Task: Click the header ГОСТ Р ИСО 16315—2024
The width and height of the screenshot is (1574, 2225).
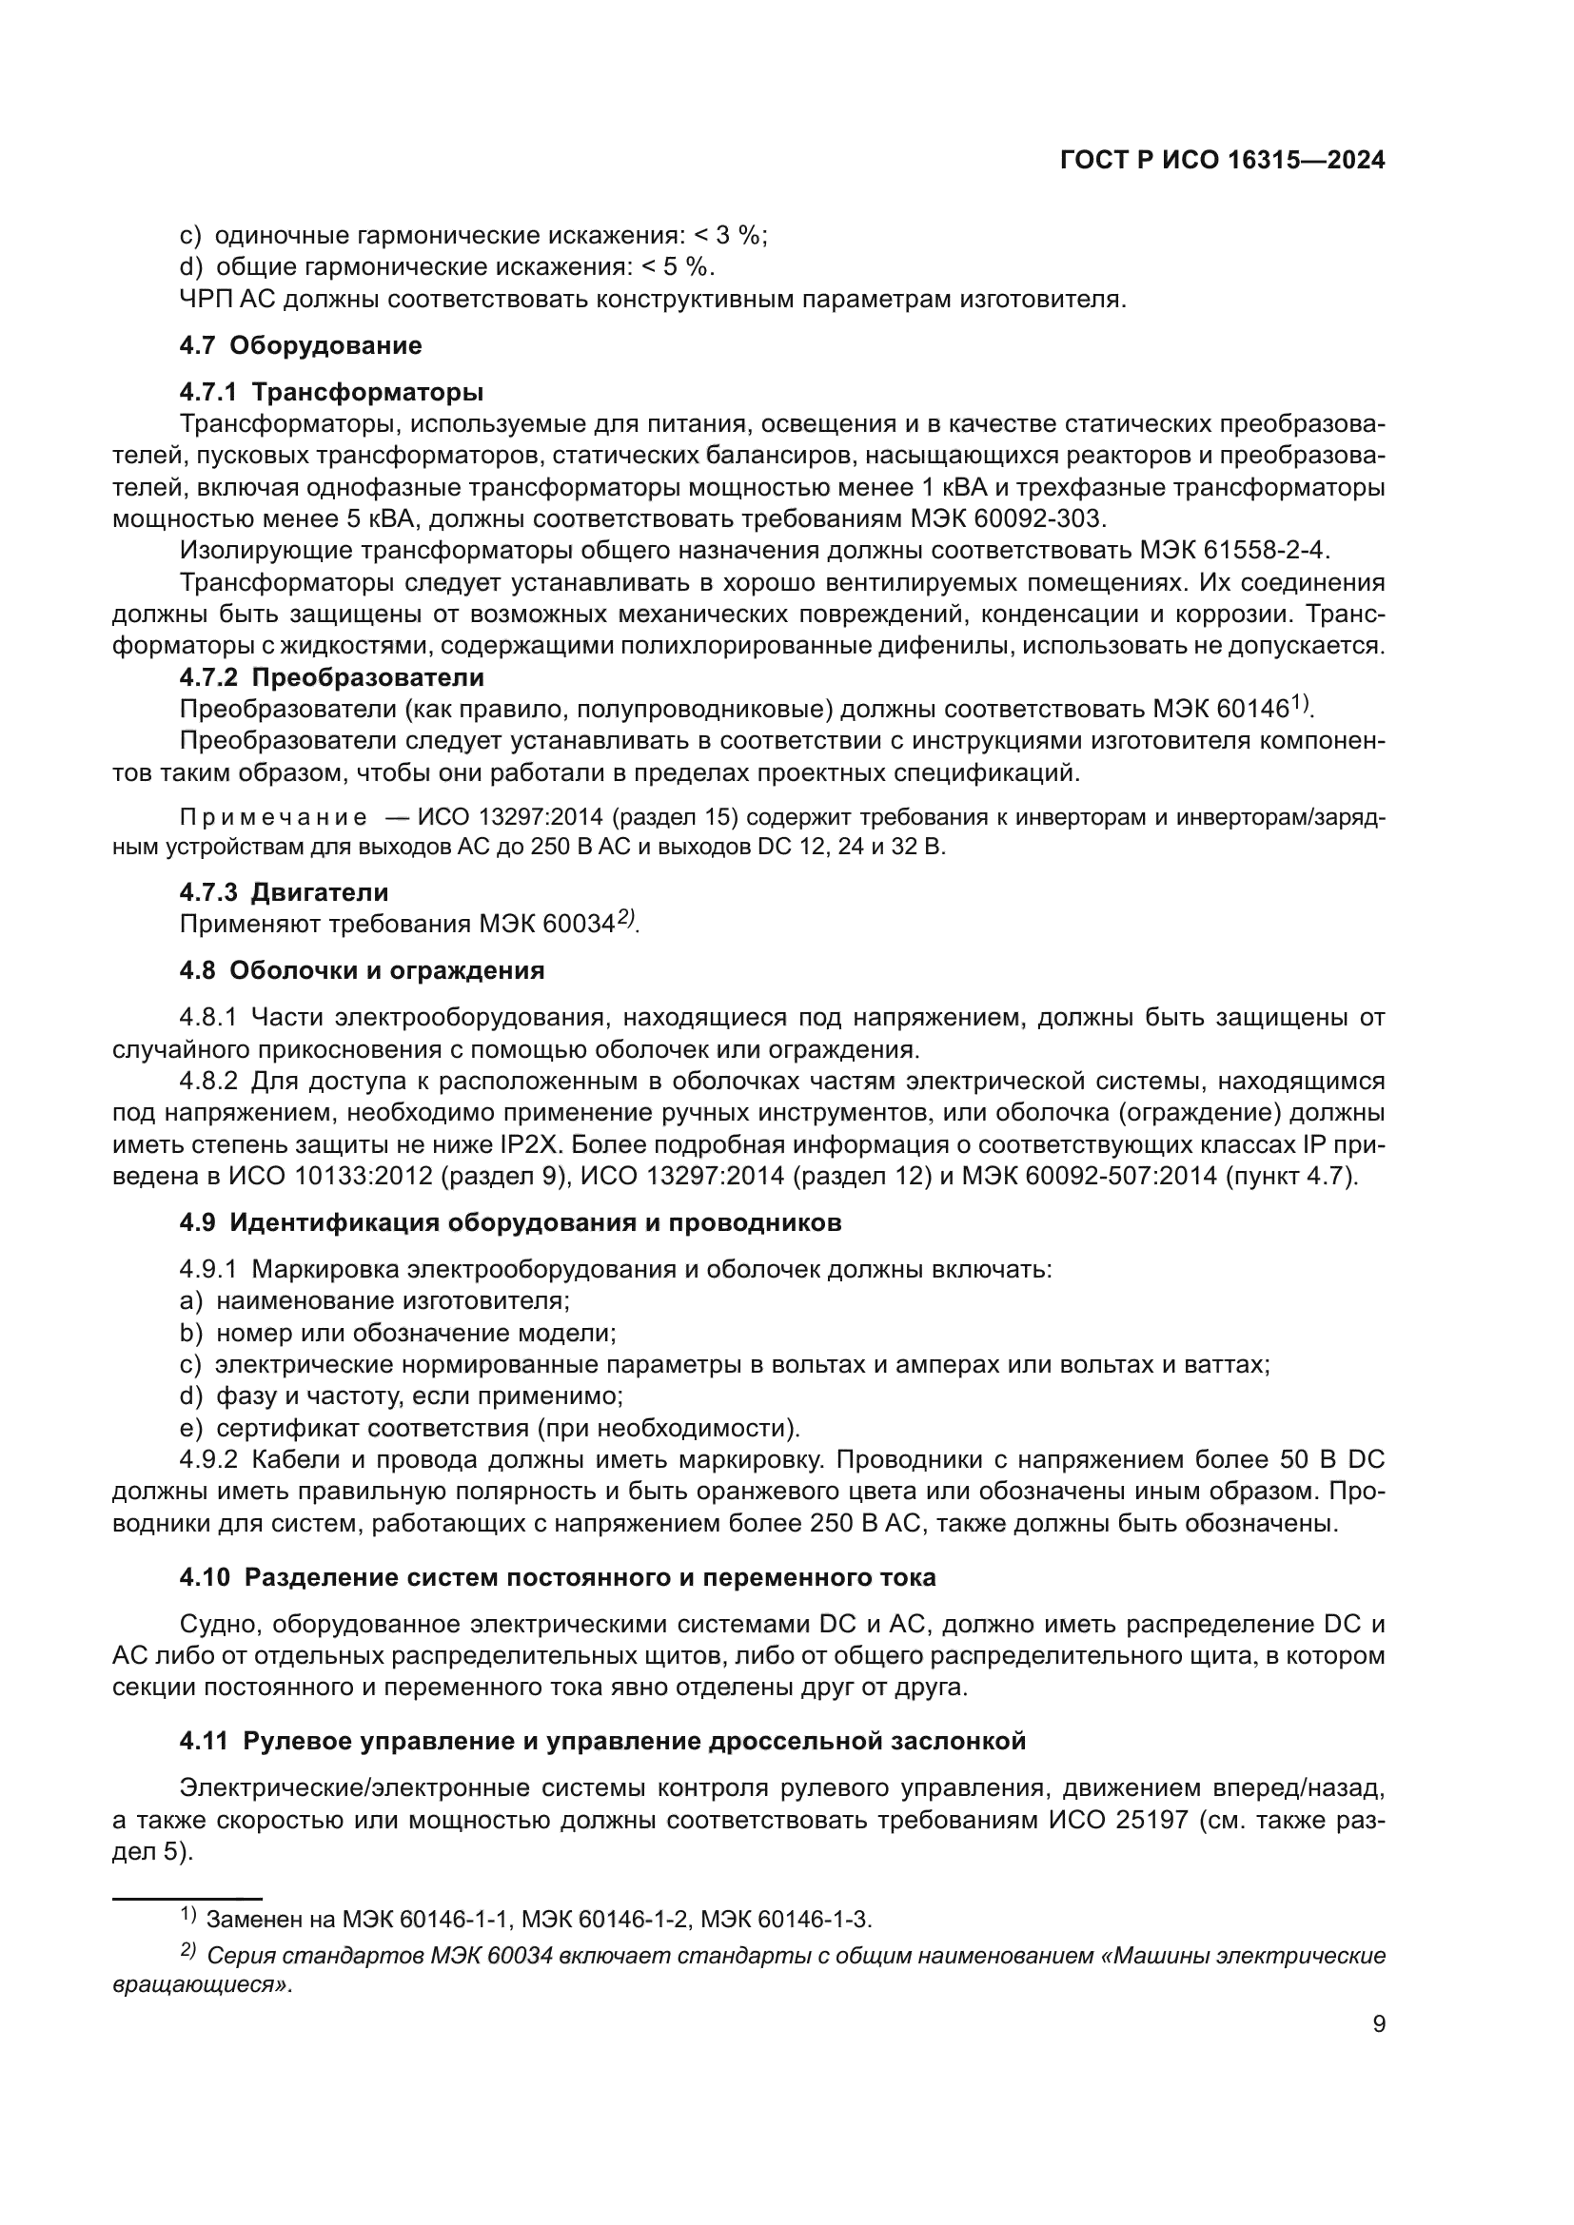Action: point(1222,161)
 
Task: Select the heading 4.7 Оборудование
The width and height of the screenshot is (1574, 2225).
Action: point(301,345)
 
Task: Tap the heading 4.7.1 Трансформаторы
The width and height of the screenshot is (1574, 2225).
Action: point(331,392)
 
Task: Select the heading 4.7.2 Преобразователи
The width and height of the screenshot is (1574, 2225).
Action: point(331,676)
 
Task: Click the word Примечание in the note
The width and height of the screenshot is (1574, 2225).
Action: point(273,817)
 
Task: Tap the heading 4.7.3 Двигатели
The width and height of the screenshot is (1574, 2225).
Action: point(284,891)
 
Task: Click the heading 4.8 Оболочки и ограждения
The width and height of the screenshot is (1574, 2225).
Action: point(362,970)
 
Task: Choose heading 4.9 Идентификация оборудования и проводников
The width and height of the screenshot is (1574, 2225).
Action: point(510,1222)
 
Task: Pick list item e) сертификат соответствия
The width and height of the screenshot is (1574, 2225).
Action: point(489,1428)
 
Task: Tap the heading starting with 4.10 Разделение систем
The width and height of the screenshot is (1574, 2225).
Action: point(558,1576)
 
